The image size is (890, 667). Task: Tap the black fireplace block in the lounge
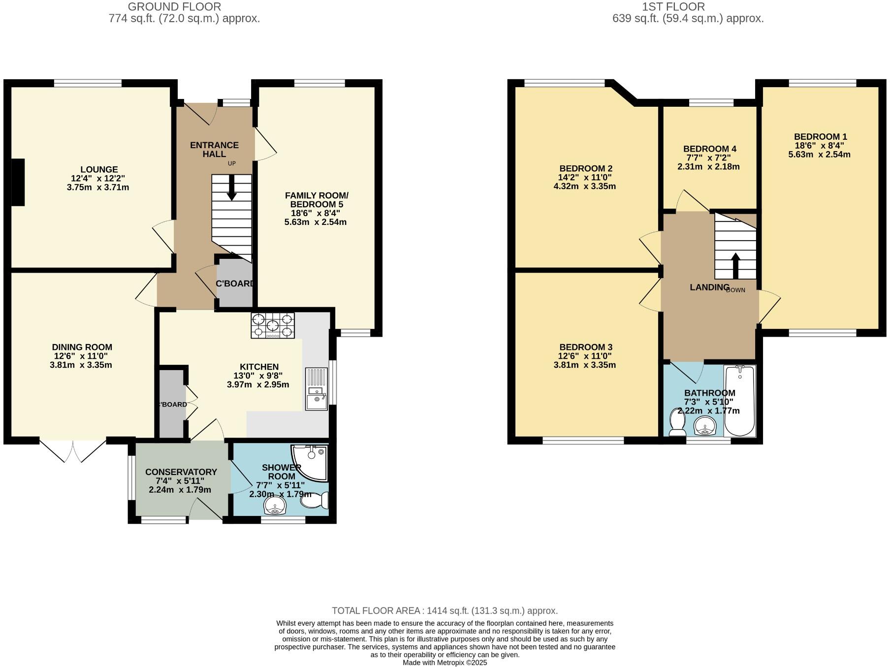coord(18,182)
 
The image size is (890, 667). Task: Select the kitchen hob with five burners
coord(273,325)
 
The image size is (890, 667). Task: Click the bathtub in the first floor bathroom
coord(739,401)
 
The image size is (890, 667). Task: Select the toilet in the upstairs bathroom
coord(677,423)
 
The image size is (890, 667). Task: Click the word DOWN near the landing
coord(736,290)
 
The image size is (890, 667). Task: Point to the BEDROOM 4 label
coord(709,149)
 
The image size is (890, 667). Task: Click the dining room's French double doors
coord(73,450)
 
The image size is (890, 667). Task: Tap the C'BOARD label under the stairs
coord(235,284)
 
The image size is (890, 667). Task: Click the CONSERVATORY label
coord(181,472)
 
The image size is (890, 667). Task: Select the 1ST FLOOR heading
coord(673,7)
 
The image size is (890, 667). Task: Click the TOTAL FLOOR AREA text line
coord(445,611)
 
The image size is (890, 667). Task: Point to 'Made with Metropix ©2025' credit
coord(445,663)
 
